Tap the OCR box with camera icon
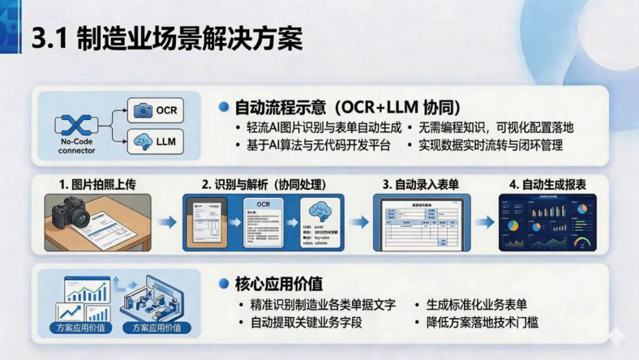tap(156, 110)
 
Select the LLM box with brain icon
tap(156, 142)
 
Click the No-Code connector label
tap(77, 146)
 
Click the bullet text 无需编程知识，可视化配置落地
tap(496, 127)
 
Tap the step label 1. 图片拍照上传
tap(97, 185)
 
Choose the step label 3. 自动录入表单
tap(420, 185)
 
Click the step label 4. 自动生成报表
tap(548, 185)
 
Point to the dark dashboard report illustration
tap(547, 222)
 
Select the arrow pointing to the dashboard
tap(486, 223)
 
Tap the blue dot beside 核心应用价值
tap(224, 284)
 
